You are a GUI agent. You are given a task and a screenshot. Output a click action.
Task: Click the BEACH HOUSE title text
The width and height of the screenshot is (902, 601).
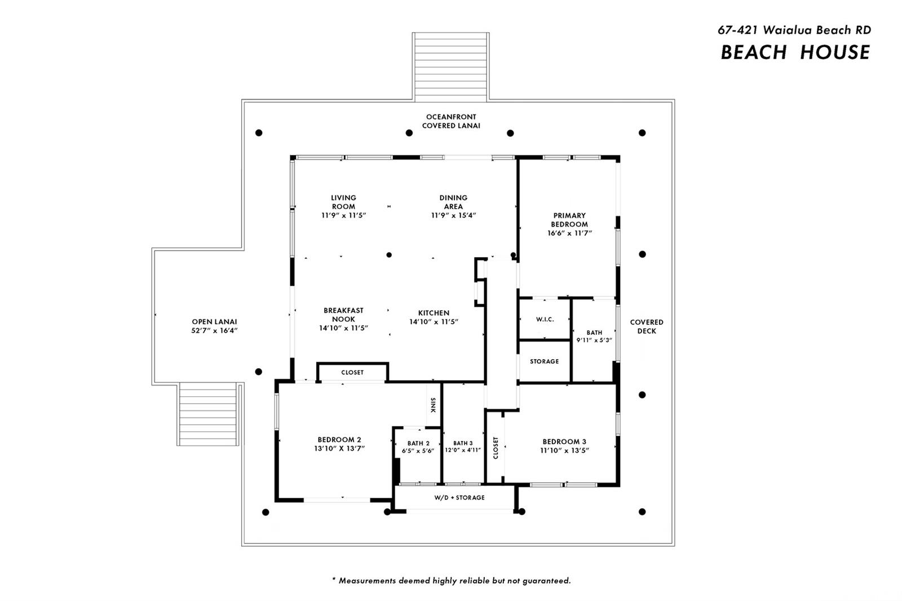(795, 53)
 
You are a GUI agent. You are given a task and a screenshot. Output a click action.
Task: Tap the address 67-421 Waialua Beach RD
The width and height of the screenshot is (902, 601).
(794, 30)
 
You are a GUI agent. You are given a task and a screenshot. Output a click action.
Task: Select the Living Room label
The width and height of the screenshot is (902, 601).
(343, 202)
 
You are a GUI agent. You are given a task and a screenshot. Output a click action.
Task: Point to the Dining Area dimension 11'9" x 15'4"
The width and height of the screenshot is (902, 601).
(453, 215)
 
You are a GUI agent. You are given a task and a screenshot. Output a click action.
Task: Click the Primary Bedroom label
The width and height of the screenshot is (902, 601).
(569, 220)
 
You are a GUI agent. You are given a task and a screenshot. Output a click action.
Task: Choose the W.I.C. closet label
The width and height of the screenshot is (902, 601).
(545, 320)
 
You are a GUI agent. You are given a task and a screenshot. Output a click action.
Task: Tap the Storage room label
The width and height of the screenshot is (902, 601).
(545, 361)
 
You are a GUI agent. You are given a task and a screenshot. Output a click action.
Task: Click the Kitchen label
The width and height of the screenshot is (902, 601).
(434, 313)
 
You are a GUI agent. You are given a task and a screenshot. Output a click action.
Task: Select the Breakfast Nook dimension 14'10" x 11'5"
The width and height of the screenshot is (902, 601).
(343, 328)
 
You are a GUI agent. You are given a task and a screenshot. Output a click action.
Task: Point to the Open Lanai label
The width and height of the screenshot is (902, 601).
(214, 322)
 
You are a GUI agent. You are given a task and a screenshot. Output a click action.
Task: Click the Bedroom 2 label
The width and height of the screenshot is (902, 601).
(339, 440)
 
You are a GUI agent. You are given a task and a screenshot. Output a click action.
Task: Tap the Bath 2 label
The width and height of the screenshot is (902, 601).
(418, 444)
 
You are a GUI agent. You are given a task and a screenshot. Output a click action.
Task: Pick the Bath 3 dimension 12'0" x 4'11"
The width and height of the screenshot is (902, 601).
(463, 450)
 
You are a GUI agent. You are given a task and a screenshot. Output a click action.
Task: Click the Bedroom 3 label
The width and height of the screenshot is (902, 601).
(564, 442)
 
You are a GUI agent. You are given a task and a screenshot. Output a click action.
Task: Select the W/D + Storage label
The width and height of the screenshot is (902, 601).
(459, 497)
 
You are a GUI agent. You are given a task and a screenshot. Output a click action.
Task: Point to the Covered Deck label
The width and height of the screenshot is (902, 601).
(647, 326)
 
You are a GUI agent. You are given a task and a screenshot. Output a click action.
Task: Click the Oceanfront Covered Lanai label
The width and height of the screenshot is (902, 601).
(452, 121)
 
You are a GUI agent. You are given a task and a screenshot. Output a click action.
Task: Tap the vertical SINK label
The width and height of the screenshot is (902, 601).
(434, 405)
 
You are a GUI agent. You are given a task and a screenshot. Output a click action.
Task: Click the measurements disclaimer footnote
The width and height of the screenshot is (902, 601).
(451, 581)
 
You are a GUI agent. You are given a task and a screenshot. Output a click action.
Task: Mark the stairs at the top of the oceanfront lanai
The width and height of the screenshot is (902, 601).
(450, 67)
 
